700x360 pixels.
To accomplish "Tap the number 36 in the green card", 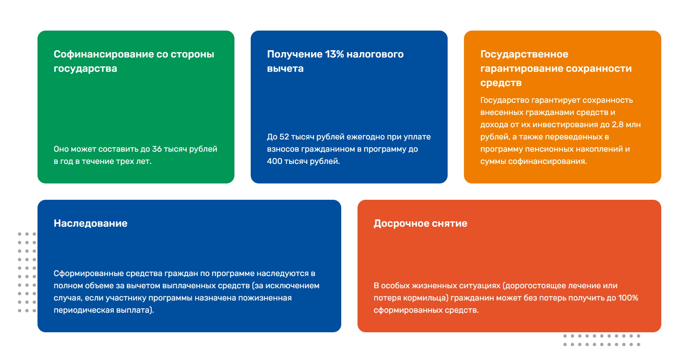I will click(157, 149).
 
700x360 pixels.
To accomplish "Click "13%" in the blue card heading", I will click(334, 54).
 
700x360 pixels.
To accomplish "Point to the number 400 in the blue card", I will click(274, 161).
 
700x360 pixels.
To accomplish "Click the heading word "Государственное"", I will click(524, 54).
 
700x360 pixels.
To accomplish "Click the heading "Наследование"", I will click(91, 223).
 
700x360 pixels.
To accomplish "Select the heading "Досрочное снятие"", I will click(420, 223).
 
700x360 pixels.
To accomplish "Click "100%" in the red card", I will click(628, 298).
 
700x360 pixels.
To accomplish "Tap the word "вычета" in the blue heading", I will click(285, 68).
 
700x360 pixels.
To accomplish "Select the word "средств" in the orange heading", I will click(501, 83).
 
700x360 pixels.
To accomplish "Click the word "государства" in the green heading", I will click(85, 68).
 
